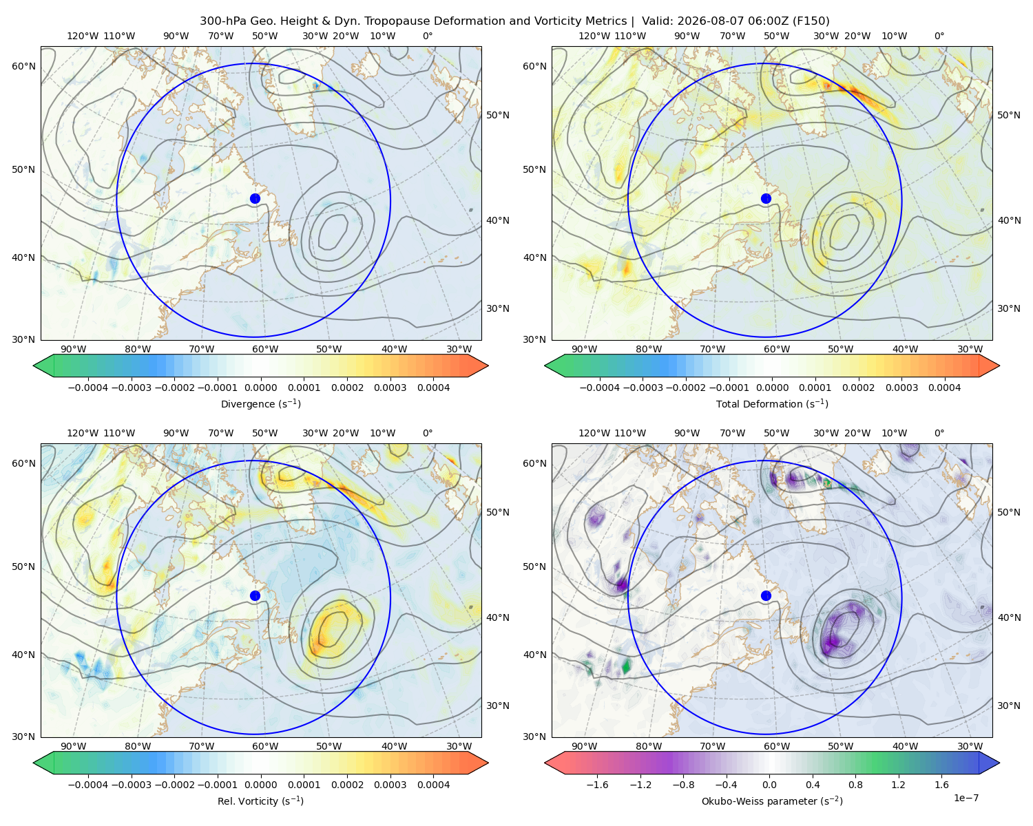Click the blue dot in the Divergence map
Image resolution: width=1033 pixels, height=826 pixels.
255,198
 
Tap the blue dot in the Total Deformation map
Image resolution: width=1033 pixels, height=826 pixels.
766,198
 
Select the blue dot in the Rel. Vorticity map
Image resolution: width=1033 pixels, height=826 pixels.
255,595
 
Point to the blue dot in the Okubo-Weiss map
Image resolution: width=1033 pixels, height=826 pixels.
766,595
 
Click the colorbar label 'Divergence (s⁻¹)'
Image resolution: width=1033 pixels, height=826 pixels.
260,403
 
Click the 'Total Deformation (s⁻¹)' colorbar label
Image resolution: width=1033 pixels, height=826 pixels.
772,403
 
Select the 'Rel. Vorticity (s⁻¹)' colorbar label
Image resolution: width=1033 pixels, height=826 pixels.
260,801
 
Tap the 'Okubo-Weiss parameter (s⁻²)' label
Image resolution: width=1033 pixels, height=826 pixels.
772,801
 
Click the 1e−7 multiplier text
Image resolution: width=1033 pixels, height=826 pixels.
966,798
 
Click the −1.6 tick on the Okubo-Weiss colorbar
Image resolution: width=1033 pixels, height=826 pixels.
597,784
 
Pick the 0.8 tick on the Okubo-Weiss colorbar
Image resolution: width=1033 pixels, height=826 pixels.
855,784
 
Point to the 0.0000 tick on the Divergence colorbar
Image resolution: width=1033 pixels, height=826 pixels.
260,388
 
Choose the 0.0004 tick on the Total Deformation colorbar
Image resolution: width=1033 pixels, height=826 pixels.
944,388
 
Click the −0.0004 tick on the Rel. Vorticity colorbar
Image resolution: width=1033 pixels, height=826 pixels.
88,784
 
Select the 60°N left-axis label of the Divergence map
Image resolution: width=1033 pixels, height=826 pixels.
23,66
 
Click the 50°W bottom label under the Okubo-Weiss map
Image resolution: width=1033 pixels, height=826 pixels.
840,746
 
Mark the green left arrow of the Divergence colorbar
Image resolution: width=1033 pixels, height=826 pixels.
43,366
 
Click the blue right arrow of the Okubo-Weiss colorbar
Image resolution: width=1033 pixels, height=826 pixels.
989,762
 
